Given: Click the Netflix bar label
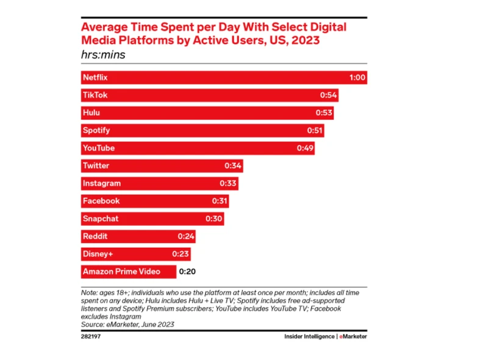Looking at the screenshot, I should pos(95,78).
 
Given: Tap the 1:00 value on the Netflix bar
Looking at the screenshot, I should pos(357,78).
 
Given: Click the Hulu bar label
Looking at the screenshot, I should pos(91,113).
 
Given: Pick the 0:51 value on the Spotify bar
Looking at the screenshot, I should pos(314,131).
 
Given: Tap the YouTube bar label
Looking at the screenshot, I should pos(98,148).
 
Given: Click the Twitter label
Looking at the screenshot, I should pos(96,166).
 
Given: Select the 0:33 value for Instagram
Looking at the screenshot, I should pos(228,183).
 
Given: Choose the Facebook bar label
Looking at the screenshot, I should pos(101,201).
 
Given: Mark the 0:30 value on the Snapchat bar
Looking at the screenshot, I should pos(213,218).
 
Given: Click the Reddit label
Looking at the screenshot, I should pos(95,236).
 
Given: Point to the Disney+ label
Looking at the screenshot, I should pos(98,254).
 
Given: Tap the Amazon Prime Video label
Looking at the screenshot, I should pos(121,272).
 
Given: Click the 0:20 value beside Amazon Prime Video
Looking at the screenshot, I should pos(187,272).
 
